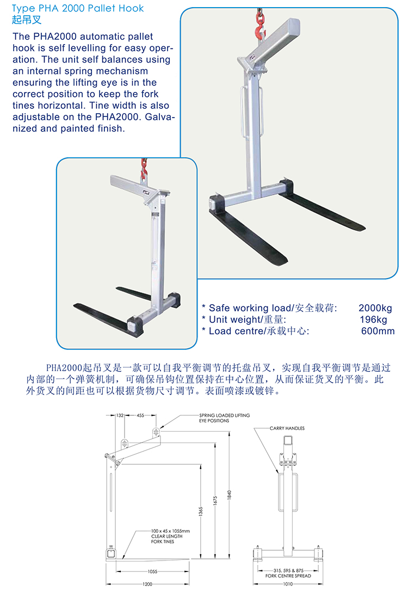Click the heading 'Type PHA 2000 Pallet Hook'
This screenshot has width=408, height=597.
coord(78,8)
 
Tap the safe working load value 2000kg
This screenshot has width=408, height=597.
coord(375,308)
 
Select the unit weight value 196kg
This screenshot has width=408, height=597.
coord(373,319)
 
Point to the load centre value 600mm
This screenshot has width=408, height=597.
coord(378,331)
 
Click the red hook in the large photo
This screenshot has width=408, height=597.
coord(261,29)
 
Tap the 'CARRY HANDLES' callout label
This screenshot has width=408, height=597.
coord(287,428)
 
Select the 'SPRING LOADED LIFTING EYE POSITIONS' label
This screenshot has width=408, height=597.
coord(224,418)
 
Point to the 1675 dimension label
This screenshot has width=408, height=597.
coord(215,501)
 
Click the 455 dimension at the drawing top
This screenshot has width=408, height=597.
coord(140,415)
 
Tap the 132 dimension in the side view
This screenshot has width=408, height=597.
coord(120,415)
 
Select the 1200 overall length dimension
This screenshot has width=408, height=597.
coord(147,584)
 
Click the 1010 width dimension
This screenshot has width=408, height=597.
coord(288,584)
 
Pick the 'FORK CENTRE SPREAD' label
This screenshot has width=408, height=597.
coord(288,576)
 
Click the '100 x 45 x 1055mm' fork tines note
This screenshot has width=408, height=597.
coord(170,531)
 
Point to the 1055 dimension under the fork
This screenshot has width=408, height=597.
coord(152,571)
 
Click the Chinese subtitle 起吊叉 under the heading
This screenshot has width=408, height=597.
coord(27,20)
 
